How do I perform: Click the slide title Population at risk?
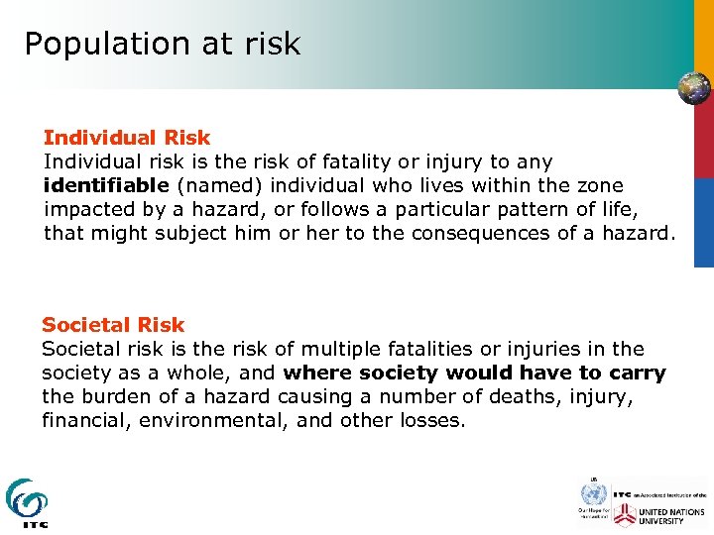[x=162, y=45]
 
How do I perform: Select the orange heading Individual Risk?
[x=127, y=138]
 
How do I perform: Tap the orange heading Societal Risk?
[x=113, y=325]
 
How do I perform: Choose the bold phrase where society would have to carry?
[x=474, y=373]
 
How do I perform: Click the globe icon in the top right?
[x=693, y=88]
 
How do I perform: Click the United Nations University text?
[x=673, y=515]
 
